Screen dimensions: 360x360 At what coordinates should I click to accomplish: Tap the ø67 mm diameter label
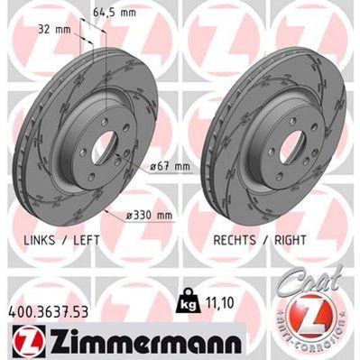click(x=170, y=167)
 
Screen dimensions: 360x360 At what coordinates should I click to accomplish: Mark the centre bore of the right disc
click(x=270, y=144)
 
